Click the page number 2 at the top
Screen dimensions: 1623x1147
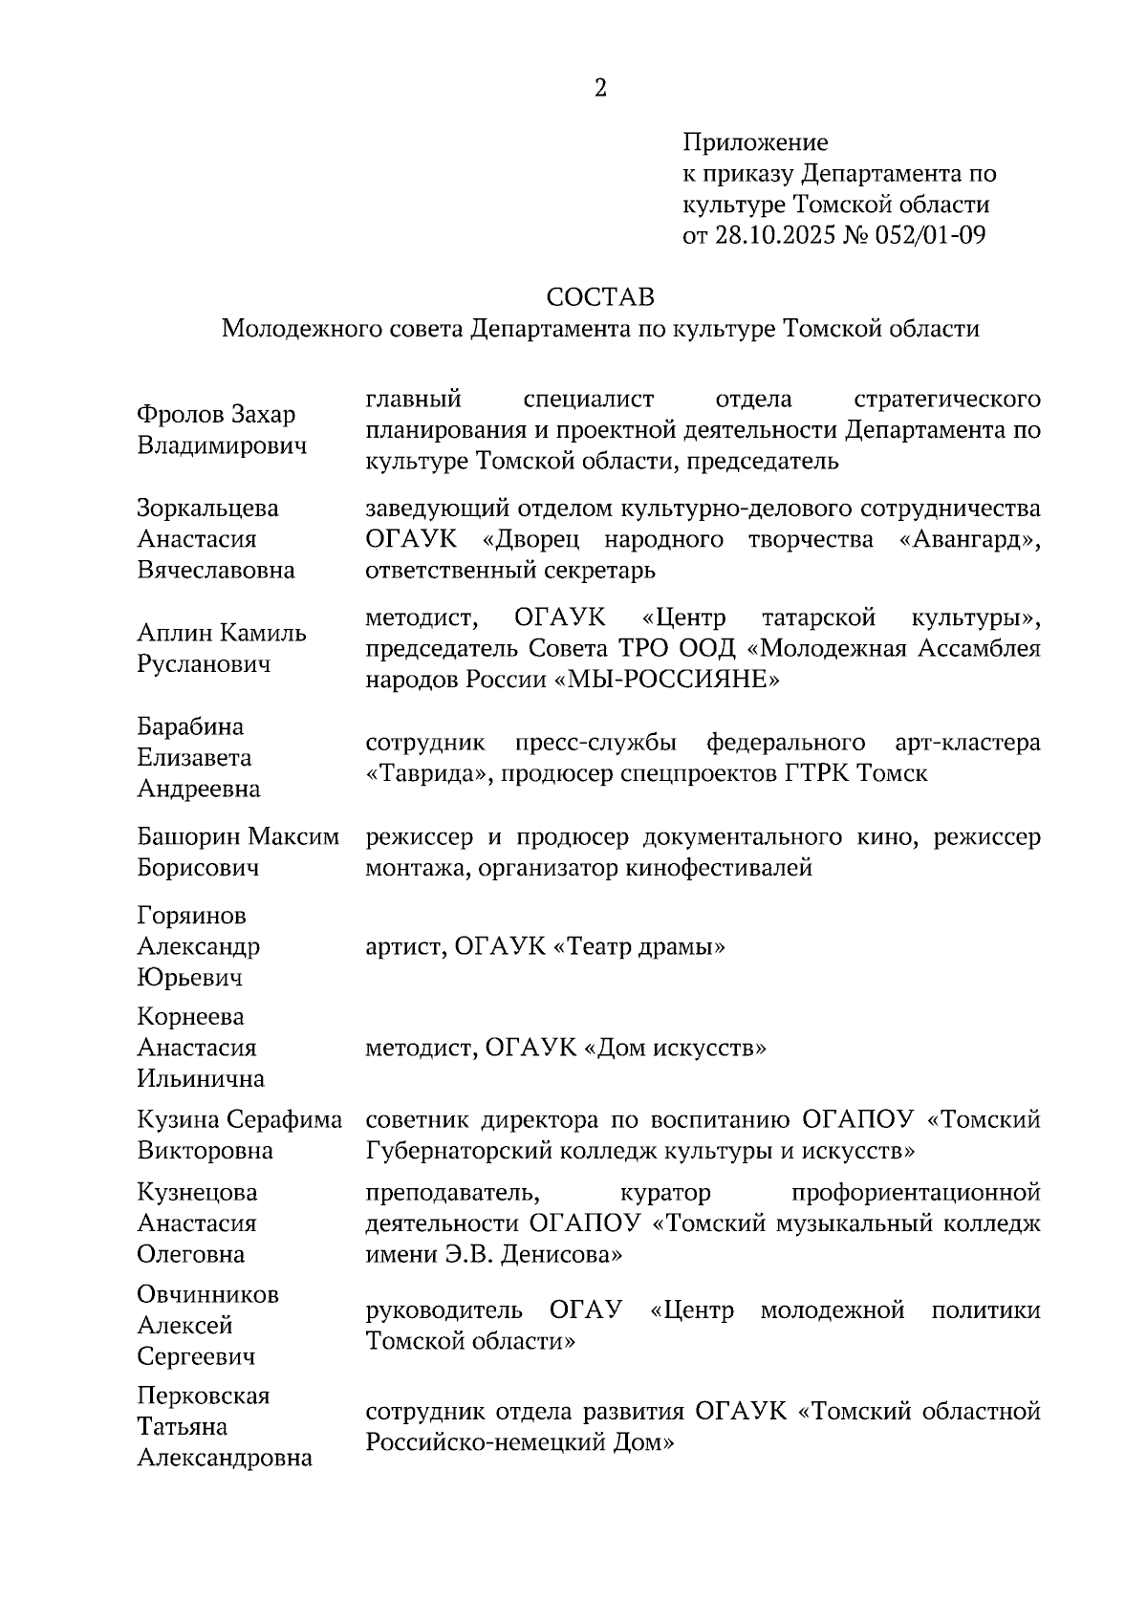point(600,89)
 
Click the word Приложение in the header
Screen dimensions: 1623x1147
point(754,143)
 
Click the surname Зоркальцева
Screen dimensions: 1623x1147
point(207,508)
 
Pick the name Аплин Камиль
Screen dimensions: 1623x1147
point(221,633)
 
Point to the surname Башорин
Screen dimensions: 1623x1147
point(188,837)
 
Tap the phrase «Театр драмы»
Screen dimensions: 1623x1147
point(638,947)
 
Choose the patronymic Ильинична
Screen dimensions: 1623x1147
point(201,1079)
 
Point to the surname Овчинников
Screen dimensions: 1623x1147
point(207,1295)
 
